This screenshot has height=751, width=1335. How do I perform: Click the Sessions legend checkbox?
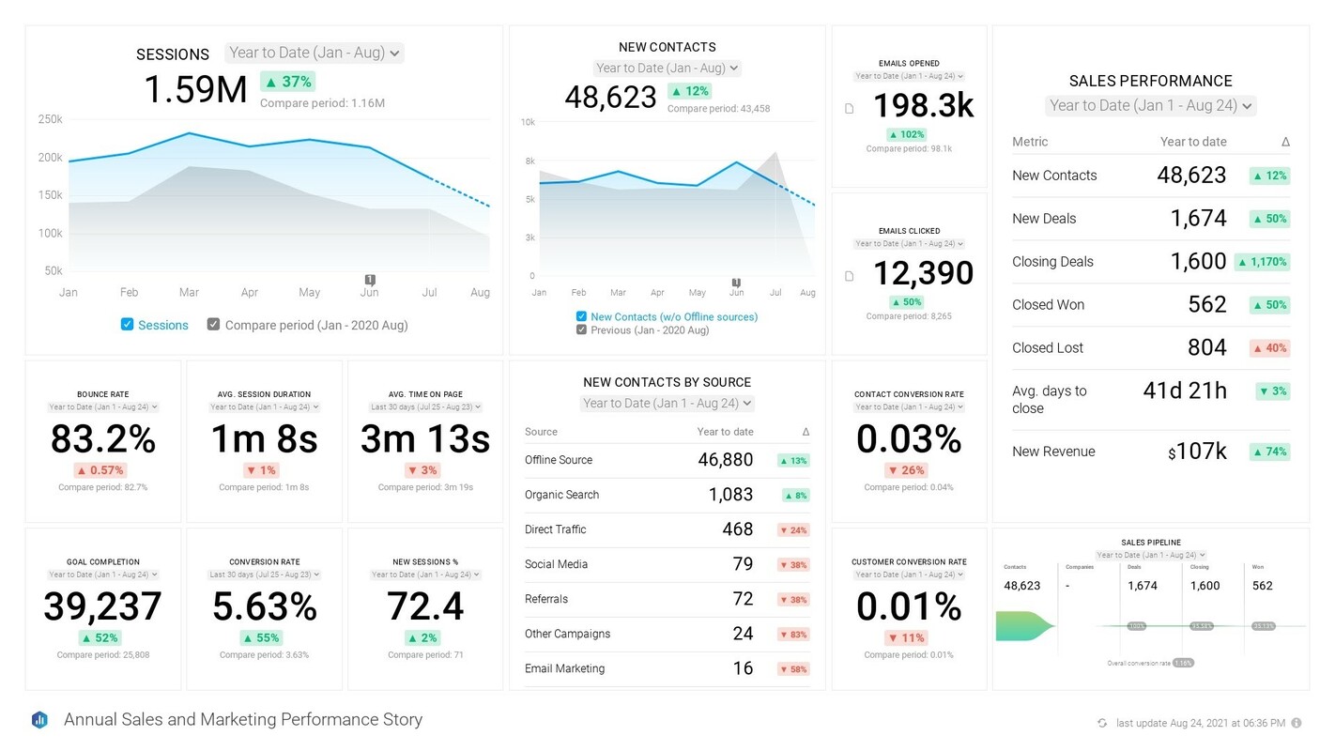(127, 325)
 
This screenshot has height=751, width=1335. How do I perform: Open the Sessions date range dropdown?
(315, 54)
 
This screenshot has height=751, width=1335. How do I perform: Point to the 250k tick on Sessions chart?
(51, 119)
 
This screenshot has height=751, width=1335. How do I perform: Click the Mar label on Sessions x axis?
(189, 293)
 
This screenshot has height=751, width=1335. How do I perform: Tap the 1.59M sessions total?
(195, 90)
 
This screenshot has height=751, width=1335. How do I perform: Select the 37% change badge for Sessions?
(287, 82)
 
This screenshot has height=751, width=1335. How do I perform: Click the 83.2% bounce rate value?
(103, 439)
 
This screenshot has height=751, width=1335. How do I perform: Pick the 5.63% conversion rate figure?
(264, 607)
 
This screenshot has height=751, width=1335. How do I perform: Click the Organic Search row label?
(561, 495)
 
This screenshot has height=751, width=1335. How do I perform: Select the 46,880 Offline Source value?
(725, 460)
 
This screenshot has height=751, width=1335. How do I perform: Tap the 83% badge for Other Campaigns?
(793, 635)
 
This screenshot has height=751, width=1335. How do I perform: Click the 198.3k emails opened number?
(923, 106)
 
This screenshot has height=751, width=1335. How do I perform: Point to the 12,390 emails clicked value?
(923, 273)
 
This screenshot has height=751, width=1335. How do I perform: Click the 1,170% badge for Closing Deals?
(1262, 262)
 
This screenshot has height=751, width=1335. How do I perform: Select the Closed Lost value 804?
(1206, 348)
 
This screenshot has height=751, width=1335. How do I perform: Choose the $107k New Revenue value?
(1197, 452)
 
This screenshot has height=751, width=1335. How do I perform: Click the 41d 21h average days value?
(1184, 391)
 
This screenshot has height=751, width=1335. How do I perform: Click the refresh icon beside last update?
(1102, 723)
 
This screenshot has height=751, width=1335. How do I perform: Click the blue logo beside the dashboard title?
(39, 720)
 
